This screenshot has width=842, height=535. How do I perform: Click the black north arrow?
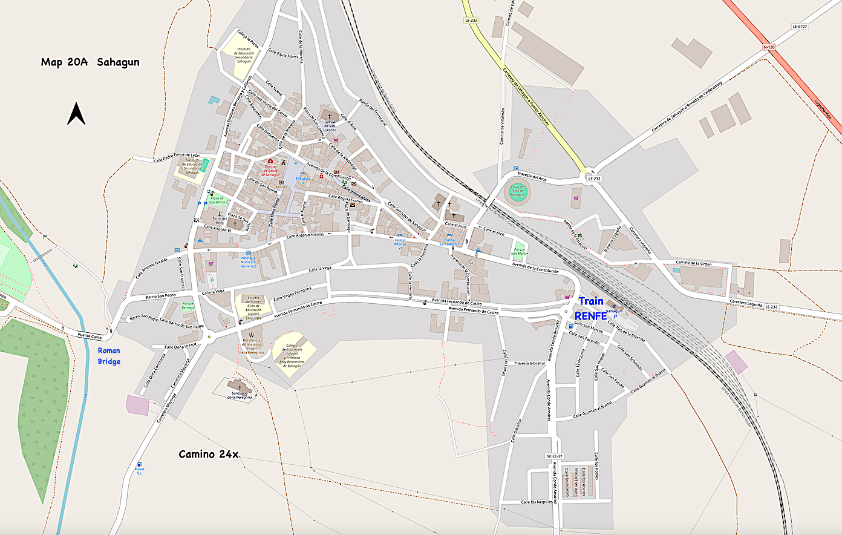(76, 113)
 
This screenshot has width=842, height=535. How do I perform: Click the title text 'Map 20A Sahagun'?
(90, 62)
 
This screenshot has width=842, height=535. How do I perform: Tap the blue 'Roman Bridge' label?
(109, 356)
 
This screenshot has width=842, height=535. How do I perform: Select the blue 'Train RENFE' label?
(590, 308)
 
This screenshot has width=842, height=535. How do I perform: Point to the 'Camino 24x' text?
(209, 454)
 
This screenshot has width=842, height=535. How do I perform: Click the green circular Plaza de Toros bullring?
(517, 192)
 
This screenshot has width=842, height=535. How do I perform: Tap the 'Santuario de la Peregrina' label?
(240, 395)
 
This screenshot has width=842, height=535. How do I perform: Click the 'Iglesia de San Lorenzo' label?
(330, 125)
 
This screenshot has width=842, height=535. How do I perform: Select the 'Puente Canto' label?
(90, 335)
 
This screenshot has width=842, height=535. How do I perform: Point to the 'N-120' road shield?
(769, 47)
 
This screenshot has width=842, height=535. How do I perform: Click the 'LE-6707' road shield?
(800, 27)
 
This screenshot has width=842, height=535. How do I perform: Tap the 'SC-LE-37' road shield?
(554, 456)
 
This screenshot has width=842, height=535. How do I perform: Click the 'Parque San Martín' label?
(519, 252)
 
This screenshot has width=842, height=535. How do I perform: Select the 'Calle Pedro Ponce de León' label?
(176, 157)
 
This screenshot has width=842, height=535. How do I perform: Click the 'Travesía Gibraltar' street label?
(529, 363)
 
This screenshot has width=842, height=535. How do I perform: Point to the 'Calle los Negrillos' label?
(537, 502)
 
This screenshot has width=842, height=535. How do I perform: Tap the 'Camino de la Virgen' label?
(694, 263)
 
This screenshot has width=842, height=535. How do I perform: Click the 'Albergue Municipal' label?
(248, 260)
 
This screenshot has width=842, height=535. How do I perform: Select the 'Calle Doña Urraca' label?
(180, 347)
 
